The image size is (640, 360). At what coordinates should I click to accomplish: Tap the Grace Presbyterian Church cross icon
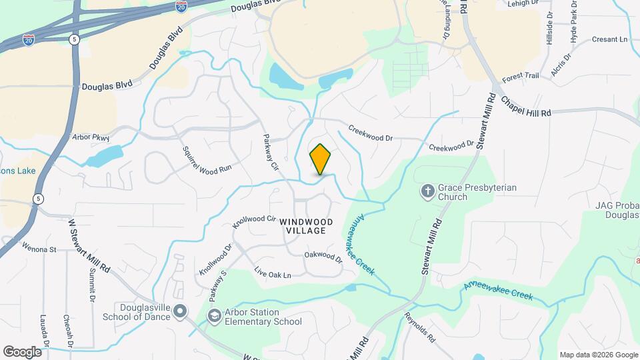(427, 193)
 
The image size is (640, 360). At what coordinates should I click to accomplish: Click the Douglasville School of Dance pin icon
(182, 311)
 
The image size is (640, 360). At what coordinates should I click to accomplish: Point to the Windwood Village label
(303, 226)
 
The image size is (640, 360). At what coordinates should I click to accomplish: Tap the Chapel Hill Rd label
(526, 105)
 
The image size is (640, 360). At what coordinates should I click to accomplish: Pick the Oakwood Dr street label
(323, 256)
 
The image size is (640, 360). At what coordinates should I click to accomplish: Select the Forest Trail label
(520, 76)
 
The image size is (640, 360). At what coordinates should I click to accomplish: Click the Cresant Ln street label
(610, 39)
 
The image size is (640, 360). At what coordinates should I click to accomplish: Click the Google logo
(22, 351)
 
